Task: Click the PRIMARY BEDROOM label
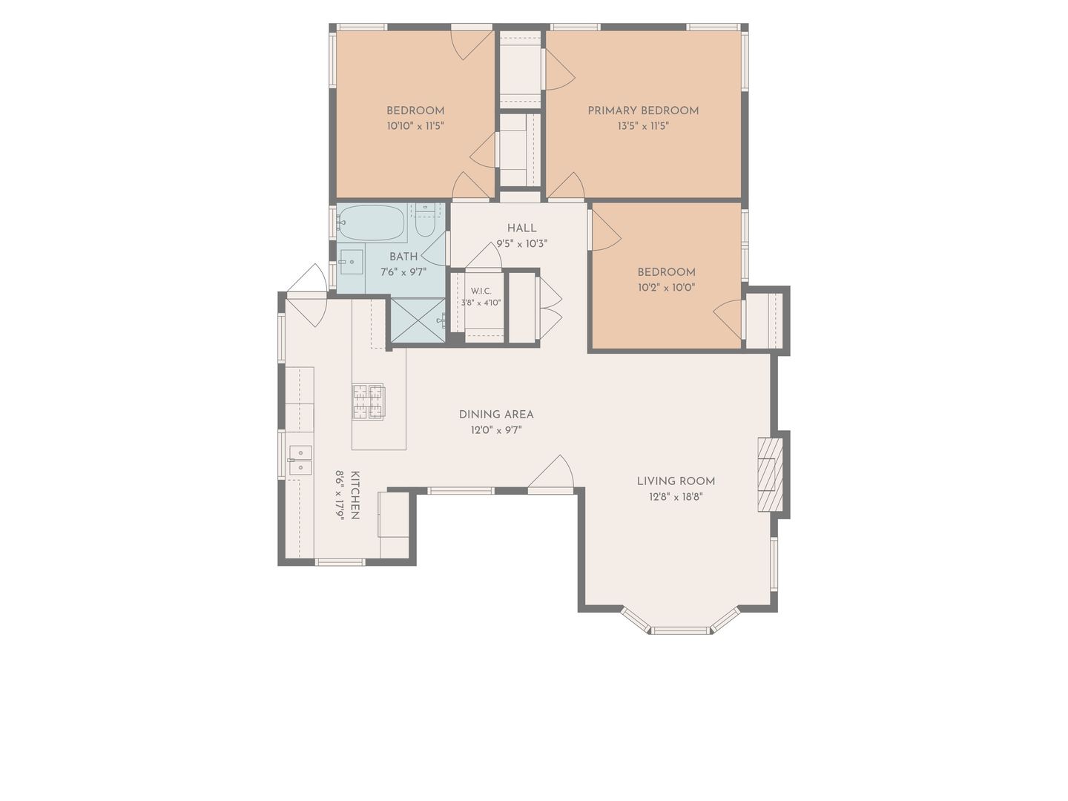pos(643,111)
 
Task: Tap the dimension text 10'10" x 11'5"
pos(415,126)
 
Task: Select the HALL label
pos(521,228)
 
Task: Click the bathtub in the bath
pos(372,223)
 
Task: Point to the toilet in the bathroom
pos(425,222)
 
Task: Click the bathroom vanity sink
pos(352,262)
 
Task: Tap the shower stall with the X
pos(418,320)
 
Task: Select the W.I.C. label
pos(481,291)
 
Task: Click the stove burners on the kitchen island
pos(369,402)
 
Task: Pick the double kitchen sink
pos(300,460)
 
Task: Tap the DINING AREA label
pos(496,415)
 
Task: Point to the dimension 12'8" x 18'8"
pos(676,497)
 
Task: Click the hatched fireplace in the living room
pos(770,474)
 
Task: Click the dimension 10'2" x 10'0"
pos(666,288)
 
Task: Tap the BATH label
pos(403,257)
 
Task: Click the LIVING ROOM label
pos(676,481)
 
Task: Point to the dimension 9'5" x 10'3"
pos(521,244)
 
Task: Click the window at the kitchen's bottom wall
pos(340,562)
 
